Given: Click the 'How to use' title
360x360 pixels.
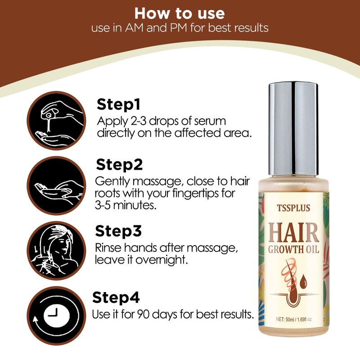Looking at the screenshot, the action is click(180, 13).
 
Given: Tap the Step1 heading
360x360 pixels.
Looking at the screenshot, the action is click(118, 105).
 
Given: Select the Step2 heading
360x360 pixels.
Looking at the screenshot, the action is click(119, 165).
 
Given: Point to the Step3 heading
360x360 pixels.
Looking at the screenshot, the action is click(118, 231).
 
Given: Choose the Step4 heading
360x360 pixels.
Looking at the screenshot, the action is click(116, 297).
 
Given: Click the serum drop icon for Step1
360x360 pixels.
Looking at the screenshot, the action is click(57, 121).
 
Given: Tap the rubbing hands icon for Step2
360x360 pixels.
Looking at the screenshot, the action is click(57, 185).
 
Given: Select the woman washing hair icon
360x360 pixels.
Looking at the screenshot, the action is click(57, 251).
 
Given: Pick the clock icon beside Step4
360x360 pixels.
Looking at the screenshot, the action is click(57, 316).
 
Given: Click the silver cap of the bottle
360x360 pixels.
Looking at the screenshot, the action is click(293, 129).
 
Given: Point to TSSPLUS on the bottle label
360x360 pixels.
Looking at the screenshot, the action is click(293, 208).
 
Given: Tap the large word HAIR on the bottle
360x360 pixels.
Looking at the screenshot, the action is click(294, 233).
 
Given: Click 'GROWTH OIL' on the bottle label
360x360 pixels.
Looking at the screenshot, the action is click(294, 250).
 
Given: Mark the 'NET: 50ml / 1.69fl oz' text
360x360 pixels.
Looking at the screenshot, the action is click(294, 319).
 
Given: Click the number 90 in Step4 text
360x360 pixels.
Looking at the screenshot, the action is click(144, 314).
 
